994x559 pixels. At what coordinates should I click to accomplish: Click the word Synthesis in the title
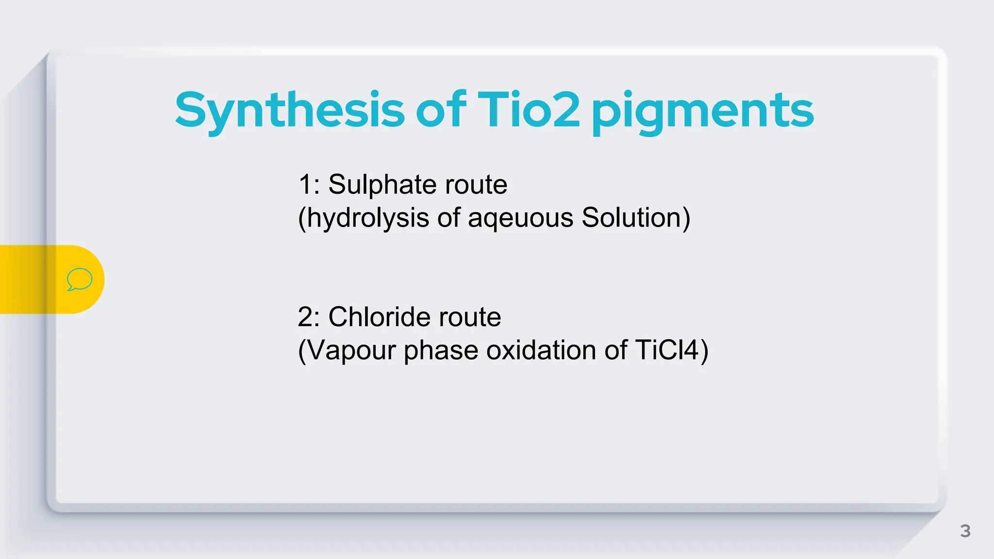point(290,111)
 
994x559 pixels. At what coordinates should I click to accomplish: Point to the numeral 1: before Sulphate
point(309,185)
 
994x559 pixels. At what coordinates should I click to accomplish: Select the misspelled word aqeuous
point(520,218)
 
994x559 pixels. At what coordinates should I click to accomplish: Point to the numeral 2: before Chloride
point(309,317)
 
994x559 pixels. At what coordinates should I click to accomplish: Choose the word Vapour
point(351,350)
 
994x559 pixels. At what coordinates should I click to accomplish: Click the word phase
point(441,350)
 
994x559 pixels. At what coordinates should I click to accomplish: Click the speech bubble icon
point(80,279)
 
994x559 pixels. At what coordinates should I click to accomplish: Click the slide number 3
point(965,531)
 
